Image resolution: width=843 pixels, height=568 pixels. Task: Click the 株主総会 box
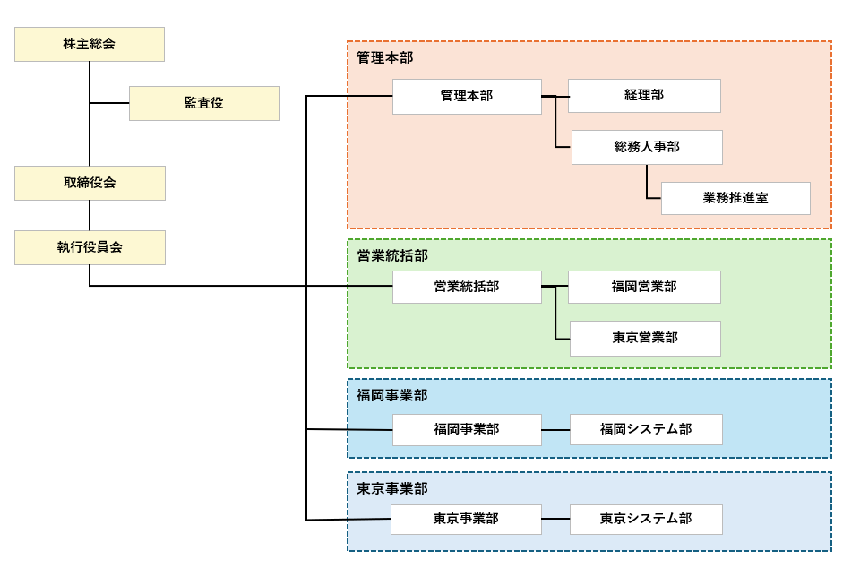click(x=90, y=44)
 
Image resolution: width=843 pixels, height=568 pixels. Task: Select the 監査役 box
click(x=204, y=103)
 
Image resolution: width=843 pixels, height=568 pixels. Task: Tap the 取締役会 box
click(x=90, y=183)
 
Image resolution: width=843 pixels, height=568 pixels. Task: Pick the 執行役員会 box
click(x=90, y=247)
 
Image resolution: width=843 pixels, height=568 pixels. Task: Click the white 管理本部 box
click(x=467, y=96)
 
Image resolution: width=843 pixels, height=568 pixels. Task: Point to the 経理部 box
click(x=644, y=96)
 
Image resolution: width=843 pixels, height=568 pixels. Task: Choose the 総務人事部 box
click(x=647, y=147)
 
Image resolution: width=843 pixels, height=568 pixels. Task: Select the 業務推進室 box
click(x=735, y=198)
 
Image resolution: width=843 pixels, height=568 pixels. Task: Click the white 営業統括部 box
click(x=467, y=287)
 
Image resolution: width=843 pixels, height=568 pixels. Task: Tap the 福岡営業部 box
click(x=644, y=287)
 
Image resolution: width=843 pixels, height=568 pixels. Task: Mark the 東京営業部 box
click(x=645, y=338)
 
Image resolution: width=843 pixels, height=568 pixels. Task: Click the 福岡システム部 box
click(x=646, y=429)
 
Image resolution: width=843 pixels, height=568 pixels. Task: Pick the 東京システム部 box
click(x=646, y=519)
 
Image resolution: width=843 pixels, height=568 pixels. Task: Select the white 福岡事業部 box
click(x=467, y=429)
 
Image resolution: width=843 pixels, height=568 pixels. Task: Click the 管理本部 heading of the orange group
click(x=384, y=58)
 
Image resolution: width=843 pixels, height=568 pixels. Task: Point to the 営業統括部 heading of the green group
click(x=392, y=255)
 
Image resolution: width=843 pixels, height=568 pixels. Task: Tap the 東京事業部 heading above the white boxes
click(x=391, y=488)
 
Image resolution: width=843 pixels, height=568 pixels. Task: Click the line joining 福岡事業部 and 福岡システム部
click(x=555, y=430)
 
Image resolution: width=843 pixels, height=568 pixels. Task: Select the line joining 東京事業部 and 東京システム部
click(x=555, y=519)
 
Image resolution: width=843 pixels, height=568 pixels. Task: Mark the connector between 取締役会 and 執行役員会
click(x=90, y=215)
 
